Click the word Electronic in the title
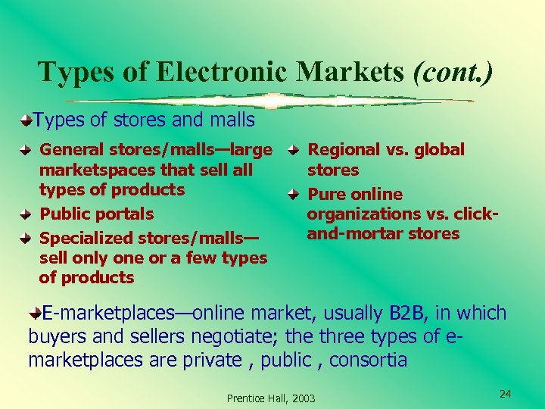pos(223,72)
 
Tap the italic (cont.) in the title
pos(453,72)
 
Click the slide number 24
pos(506,394)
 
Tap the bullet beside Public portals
pos(25,214)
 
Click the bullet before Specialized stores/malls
pos(25,239)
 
